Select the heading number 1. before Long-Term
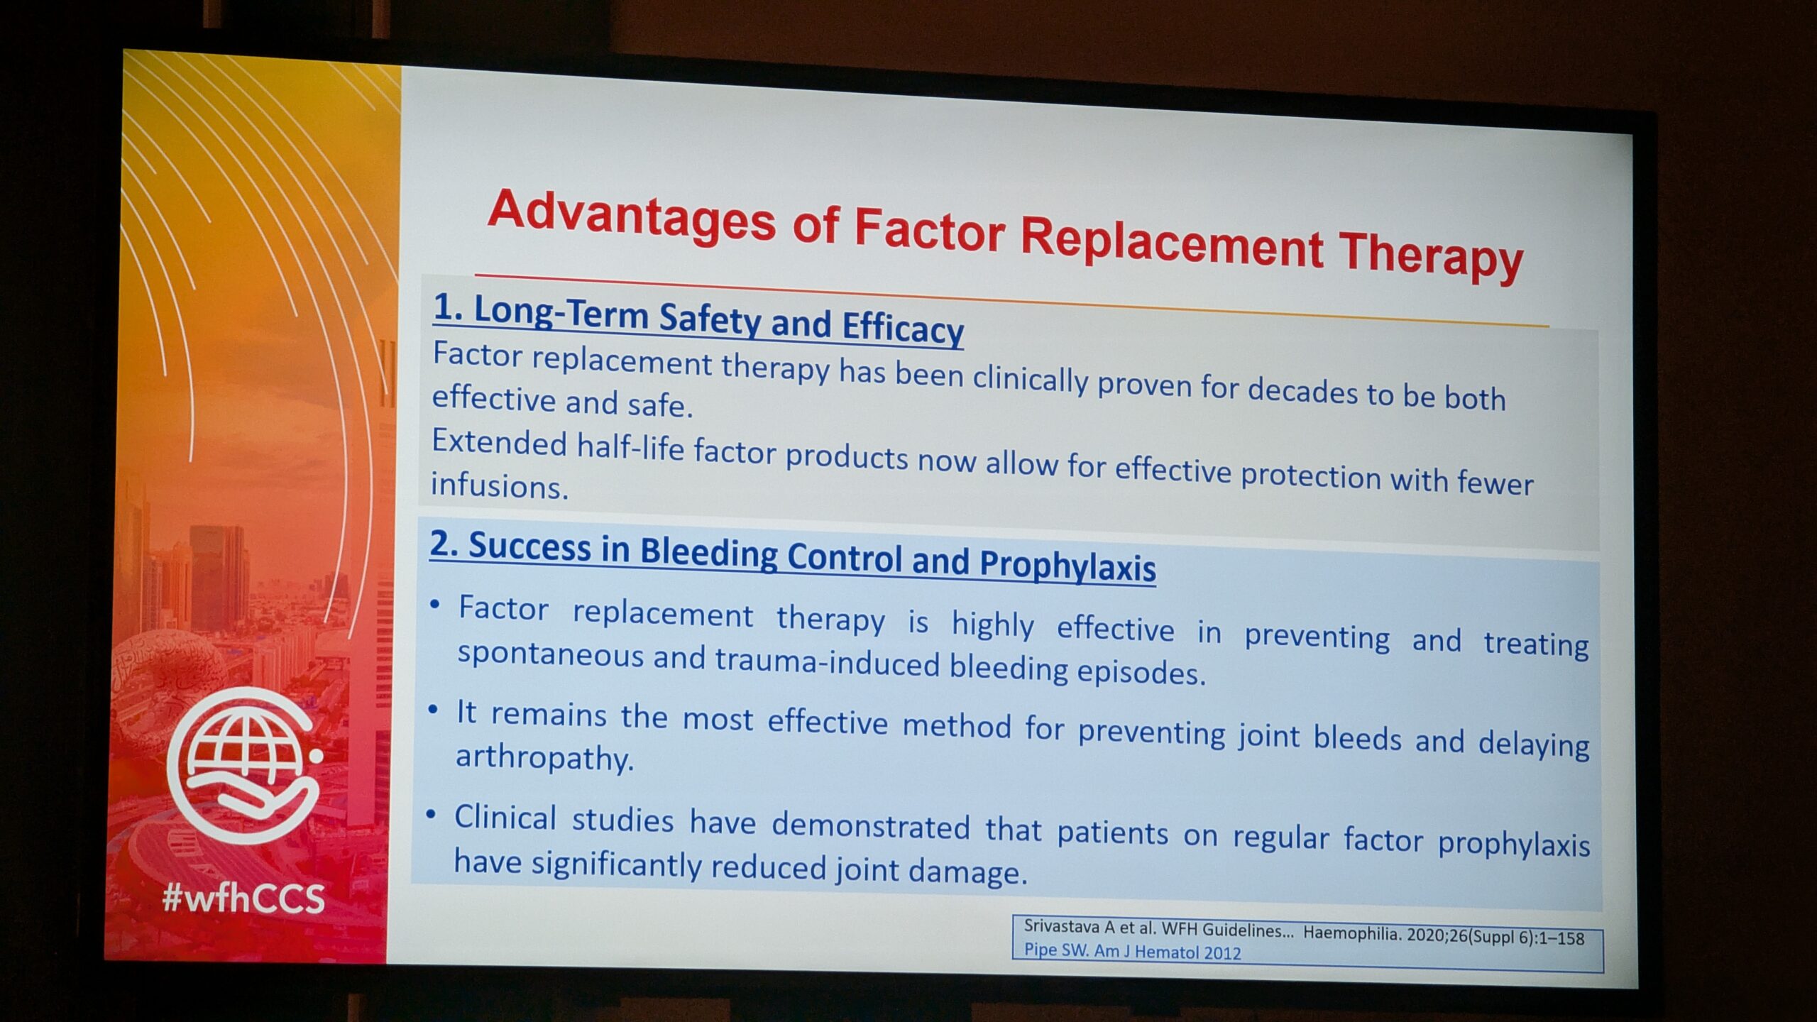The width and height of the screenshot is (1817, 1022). coord(448,308)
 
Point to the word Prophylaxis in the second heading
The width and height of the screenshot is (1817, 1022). coord(1067,566)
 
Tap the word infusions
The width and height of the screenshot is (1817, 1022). coord(500,487)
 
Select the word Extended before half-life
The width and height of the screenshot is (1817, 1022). coord(499,444)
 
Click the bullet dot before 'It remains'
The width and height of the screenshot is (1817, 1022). coord(433,710)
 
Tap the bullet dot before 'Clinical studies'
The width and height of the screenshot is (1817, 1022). coord(431,815)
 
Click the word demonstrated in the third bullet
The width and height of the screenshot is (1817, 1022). coord(871,825)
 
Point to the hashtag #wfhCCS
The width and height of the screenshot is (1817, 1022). coord(243,899)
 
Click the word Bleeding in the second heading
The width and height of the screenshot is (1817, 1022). coord(709,552)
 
